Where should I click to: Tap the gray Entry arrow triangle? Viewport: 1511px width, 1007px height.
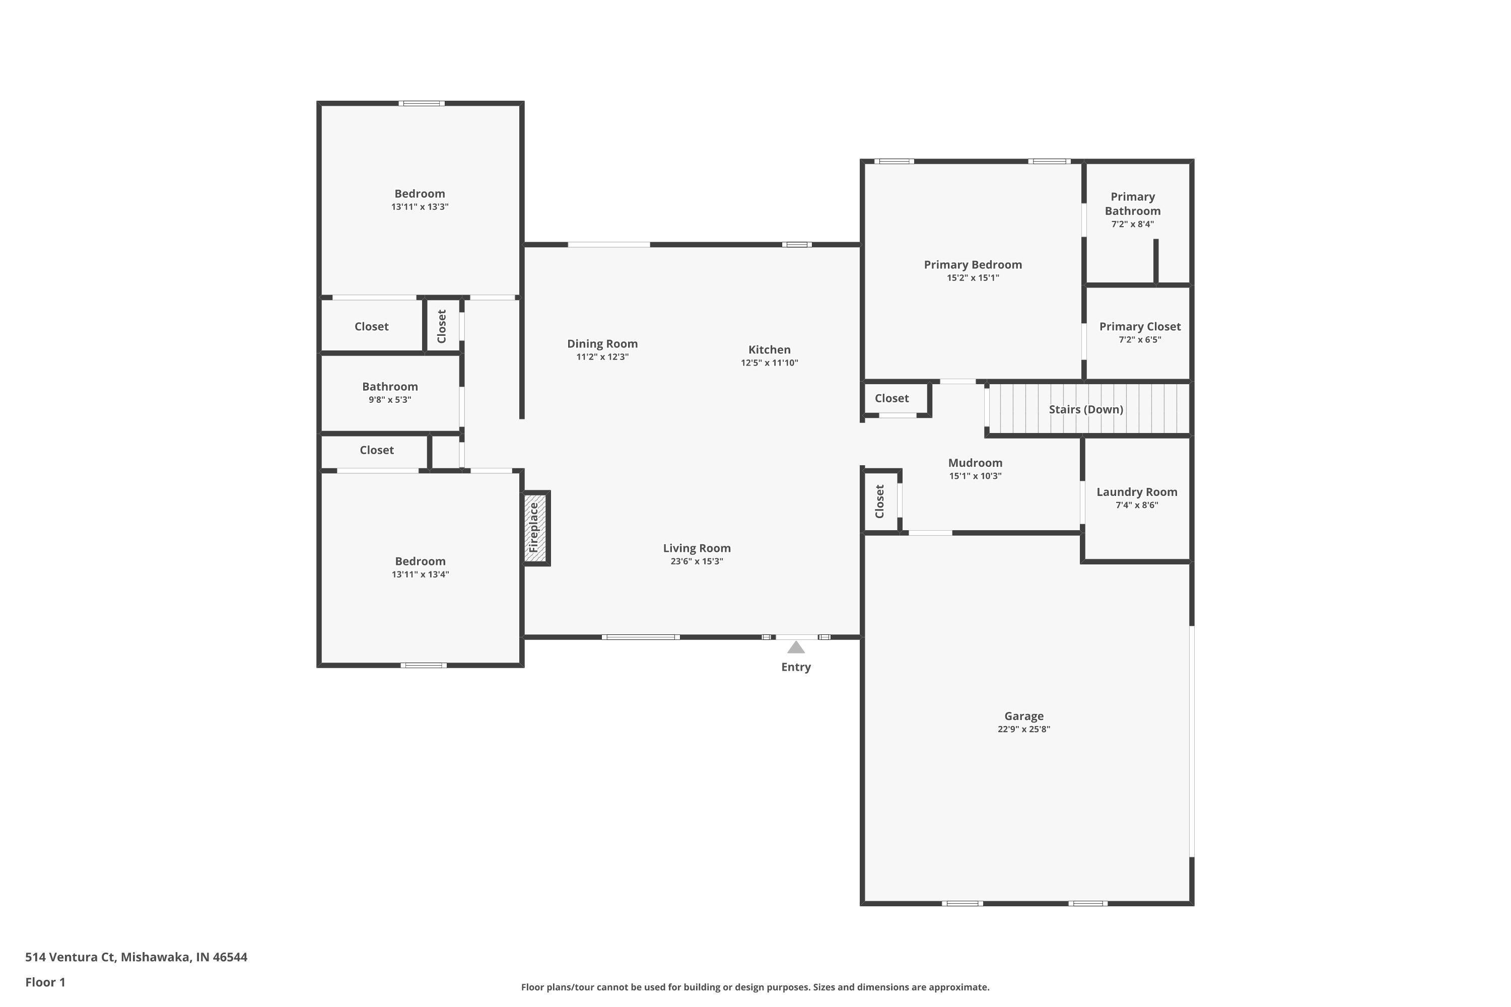pos(796,648)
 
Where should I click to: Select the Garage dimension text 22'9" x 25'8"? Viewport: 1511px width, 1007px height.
pos(1023,730)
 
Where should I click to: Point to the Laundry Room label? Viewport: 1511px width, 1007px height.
pos(1136,492)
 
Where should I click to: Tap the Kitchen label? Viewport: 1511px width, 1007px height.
pos(769,350)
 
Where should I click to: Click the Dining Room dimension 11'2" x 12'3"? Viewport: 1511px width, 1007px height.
pos(602,357)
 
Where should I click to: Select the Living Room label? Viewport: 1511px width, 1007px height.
pos(697,548)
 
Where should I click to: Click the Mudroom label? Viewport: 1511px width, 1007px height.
pos(975,463)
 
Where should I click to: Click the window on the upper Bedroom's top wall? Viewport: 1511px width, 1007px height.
pos(421,103)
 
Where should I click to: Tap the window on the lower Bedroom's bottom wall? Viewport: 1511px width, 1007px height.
pos(424,665)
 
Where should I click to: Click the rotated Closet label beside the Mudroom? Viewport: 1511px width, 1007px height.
pos(879,501)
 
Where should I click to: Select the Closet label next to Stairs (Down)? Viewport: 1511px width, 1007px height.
pos(891,398)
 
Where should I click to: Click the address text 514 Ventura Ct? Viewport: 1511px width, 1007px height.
pos(71,957)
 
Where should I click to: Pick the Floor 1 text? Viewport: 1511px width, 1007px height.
pos(45,982)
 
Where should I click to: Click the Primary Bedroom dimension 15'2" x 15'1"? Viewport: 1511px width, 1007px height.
pos(972,278)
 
